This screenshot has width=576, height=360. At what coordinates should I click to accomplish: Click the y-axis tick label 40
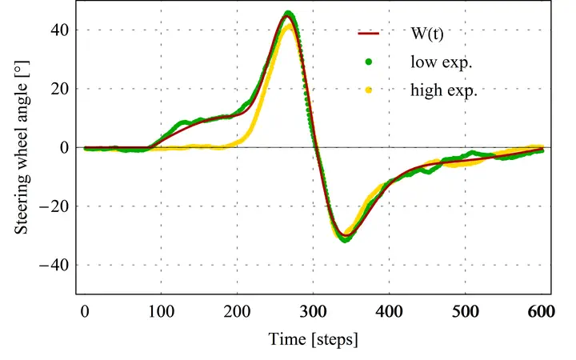pyautogui.click(x=61, y=30)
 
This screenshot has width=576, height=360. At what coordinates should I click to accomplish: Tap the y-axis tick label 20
pyautogui.click(x=61, y=89)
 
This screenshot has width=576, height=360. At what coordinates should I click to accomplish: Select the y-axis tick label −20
pyautogui.click(x=56, y=206)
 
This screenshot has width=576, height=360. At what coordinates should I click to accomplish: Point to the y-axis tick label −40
pyautogui.click(x=56, y=264)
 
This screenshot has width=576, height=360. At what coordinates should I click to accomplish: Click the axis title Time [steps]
pyautogui.click(x=313, y=340)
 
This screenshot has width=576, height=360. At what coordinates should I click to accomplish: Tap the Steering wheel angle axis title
pyautogui.click(x=22, y=148)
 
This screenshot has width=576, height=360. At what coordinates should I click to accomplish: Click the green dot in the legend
pyautogui.click(x=369, y=62)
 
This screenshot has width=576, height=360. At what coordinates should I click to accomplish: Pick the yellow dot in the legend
pyautogui.click(x=369, y=90)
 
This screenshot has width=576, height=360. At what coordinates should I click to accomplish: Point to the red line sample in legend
pyautogui.click(x=369, y=34)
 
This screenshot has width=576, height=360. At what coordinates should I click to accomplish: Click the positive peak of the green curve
pyautogui.click(x=289, y=13)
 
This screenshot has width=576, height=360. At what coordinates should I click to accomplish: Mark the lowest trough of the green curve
pyautogui.click(x=345, y=239)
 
